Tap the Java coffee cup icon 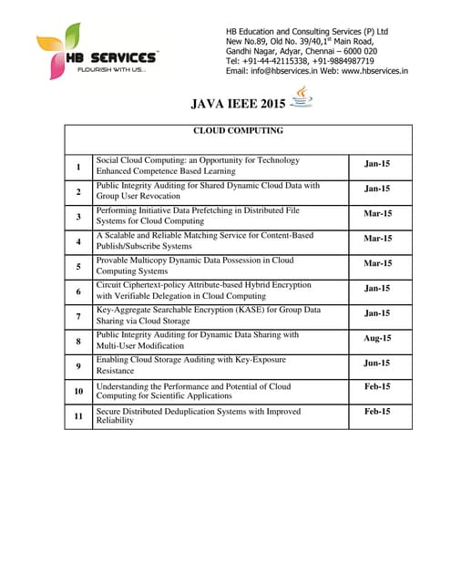click(x=301, y=97)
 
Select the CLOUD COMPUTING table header click(x=238, y=130)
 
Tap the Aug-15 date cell click(x=377, y=338)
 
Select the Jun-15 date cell click(x=377, y=363)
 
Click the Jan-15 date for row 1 click(x=377, y=164)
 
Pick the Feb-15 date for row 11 click(x=377, y=412)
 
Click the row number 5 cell click(x=78, y=266)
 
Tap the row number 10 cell click(x=78, y=391)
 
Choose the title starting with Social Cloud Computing click(x=198, y=165)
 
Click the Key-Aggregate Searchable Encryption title click(x=208, y=315)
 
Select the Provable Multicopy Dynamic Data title click(x=195, y=265)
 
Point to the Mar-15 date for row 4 click(x=377, y=239)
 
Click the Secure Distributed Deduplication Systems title click(x=198, y=415)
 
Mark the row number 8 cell click(x=78, y=341)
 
